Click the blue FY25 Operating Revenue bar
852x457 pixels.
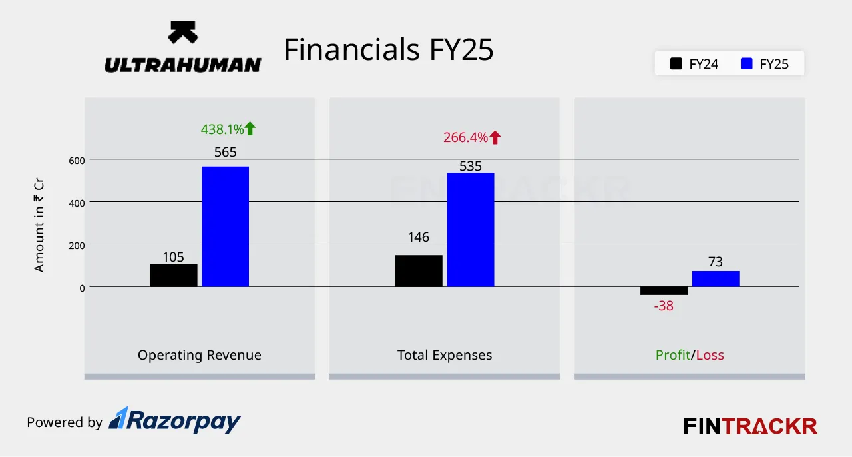[x=225, y=227]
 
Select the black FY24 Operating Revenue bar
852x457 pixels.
[x=173, y=275]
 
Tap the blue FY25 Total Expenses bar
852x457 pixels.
[x=471, y=230]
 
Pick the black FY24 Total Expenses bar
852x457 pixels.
[x=419, y=271]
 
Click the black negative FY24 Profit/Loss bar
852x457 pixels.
[x=664, y=290]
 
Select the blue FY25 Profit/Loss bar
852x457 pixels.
[x=716, y=278]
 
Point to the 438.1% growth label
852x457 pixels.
[x=222, y=129]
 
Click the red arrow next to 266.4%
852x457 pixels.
[x=495, y=138]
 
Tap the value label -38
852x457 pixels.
[x=663, y=306]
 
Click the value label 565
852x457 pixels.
[x=225, y=152]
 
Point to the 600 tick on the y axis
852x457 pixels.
[x=77, y=160]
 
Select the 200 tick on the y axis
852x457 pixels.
[x=77, y=245]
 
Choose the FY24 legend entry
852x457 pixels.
[x=695, y=65]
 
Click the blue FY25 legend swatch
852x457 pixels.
[x=747, y=65]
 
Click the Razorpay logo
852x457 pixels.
[x=174, y=420]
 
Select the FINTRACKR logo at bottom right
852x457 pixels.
[x=750, y=426]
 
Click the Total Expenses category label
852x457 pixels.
[x=445, y=355]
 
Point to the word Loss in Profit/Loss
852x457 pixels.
[x=710, y=355]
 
